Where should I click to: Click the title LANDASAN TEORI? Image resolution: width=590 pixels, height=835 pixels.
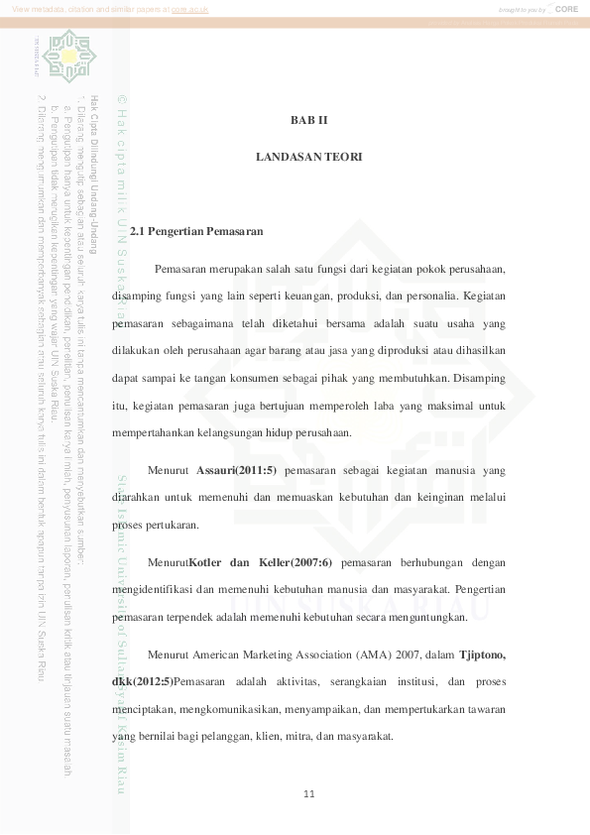308,157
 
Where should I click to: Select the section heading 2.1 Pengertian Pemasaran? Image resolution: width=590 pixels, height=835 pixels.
196,232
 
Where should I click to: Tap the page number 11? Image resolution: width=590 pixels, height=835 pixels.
309,793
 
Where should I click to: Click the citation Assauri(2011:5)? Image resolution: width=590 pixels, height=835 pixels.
237,469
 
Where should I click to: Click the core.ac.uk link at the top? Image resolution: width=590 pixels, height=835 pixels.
186,8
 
